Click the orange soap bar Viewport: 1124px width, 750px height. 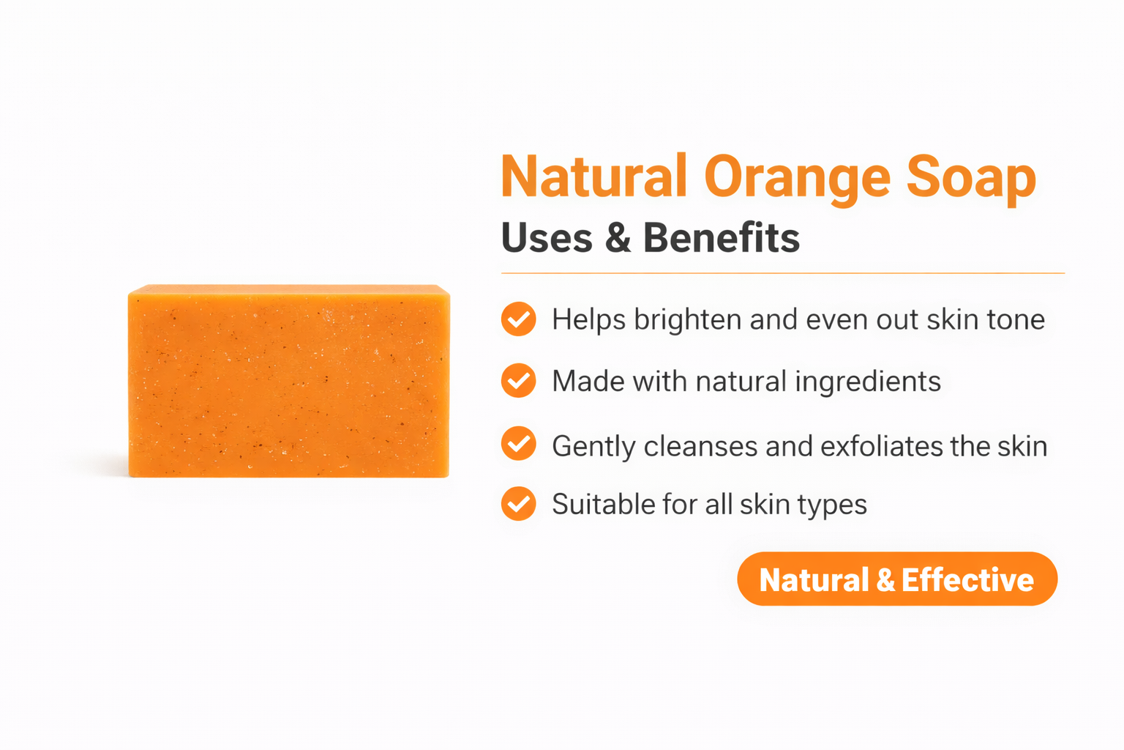pyautogui.click(x=289, y=381)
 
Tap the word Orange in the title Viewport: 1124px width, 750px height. pyautogui.click(x=797, y=178)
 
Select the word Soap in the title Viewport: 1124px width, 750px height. pyautogui.click(x=971, y=178)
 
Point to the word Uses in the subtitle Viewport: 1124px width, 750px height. pyautogui.click(x=547, y=238)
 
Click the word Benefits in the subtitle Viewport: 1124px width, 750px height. pyautogui.click(x=722, y=238)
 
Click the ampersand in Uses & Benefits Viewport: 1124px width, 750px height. pyautogui.click(x=618, y=238)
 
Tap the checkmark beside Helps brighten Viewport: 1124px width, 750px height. pyautogui.click(x=519, y=319)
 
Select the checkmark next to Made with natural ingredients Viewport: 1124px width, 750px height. pyautogui.click(x=519, y=381)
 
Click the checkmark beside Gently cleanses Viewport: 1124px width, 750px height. pyautogui.click(x=519, y=445)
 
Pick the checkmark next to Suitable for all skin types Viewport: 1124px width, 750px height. pyautogui.click(x=519, y=504)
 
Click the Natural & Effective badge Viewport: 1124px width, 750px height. pyautogui.click(x=897, y=579)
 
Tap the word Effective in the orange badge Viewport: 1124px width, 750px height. pyautogui.click(x=967, y=579)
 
